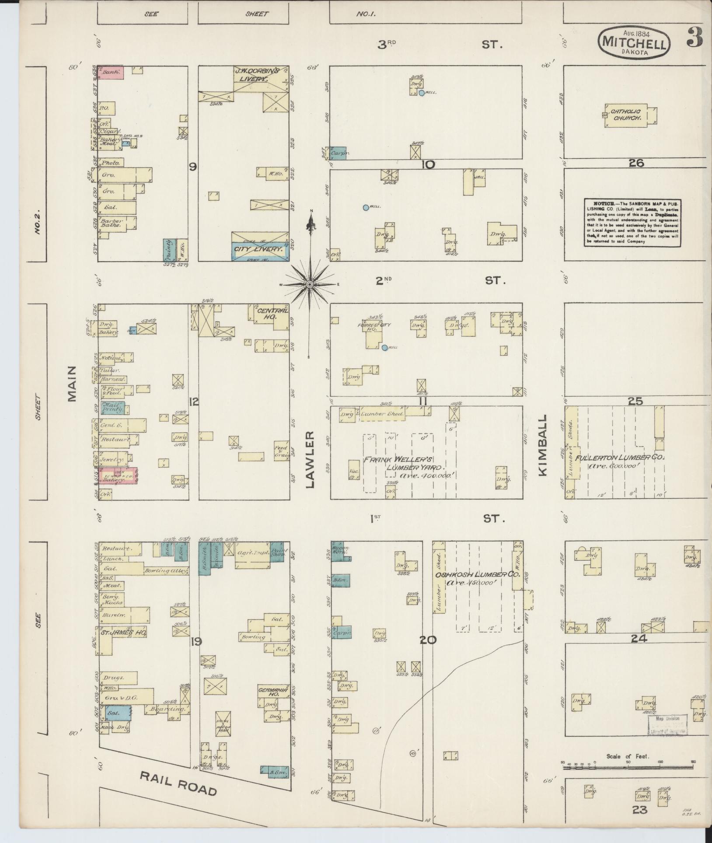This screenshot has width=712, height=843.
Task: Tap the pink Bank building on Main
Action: pyautogui.click(x=111, y=73)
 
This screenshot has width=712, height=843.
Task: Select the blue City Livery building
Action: pyautogui.click(x=259, y=250)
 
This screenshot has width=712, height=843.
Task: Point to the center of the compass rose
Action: pyautogui.click(x=310, y=284)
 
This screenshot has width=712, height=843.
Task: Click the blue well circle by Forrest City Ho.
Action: pyautogui.click(x=384, y=348)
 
